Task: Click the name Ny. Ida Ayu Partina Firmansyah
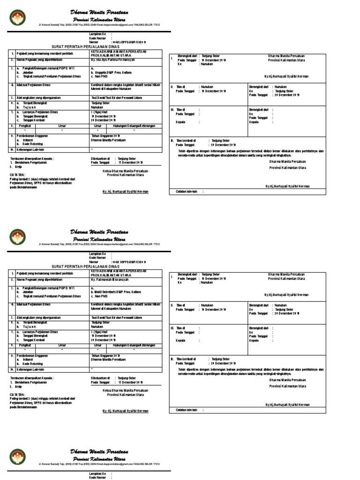tap(113, 60)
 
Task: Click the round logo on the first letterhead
tap(18, 18)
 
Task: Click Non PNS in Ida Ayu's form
tap(99, 75)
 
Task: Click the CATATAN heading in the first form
tap(17, 174)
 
